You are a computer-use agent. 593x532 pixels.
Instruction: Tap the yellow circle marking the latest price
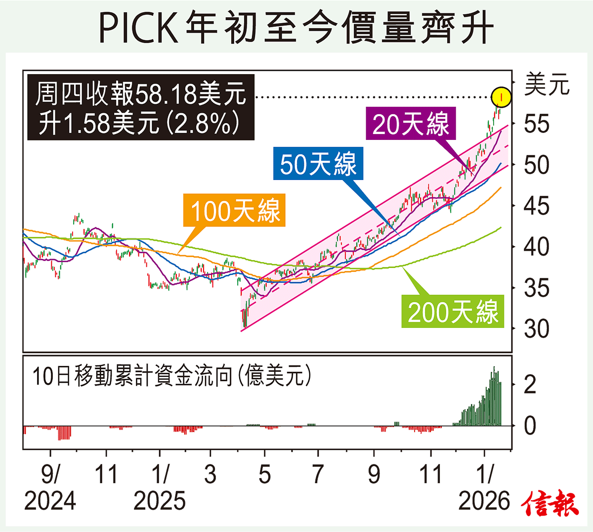click(x=501, y=96)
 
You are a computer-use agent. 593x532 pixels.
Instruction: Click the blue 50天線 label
click(x=318, y=164)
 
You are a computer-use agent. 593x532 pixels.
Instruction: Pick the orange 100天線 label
click(x=235, y=210)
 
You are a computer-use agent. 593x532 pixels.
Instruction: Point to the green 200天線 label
click(x=453, y=311)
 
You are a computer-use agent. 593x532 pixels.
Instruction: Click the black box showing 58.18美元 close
click(x=140, y=107)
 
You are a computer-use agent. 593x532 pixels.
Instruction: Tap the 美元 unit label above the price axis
click(x=547, y=85)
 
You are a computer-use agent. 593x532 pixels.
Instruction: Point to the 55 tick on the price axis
click(x=537, y=124)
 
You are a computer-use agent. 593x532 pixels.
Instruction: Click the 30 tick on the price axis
click(x=537, y=328)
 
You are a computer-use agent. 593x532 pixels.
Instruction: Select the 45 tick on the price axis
click(x=537, y=206)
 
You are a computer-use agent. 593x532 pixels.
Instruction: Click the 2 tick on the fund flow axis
click(x=530, y=384)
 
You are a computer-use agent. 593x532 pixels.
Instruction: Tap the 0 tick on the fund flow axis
click(x=530, y=425)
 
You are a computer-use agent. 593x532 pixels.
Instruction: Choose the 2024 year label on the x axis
click(x=50, y=501)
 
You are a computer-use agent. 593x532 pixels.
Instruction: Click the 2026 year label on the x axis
click(x=484, y=501)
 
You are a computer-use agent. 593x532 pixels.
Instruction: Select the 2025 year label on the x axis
click(x=160, y=501)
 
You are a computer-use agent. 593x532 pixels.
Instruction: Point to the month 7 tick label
click(x=318, y=474)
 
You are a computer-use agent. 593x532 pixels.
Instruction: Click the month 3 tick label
click(x=211, y=474)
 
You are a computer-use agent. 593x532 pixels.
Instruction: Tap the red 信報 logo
click(x=550, y=503)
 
